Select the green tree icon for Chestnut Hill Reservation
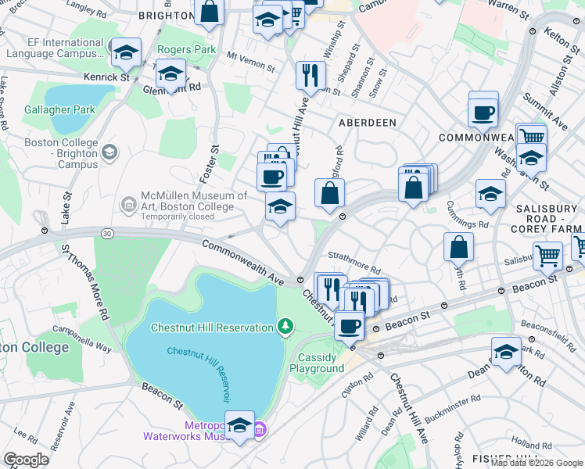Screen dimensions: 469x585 [x=286, y=326]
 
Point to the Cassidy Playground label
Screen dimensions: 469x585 [x=317, y=363]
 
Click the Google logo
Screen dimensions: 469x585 [x=26, y=460]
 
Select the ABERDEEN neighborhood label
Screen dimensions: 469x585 [x=367, y=124]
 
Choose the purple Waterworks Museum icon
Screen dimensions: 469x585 [x=260, y=429]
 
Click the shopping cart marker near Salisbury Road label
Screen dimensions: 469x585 [x=547, y=254]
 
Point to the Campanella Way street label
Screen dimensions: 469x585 [x=78, y=330]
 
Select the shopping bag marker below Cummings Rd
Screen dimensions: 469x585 [x=458, y=246]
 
